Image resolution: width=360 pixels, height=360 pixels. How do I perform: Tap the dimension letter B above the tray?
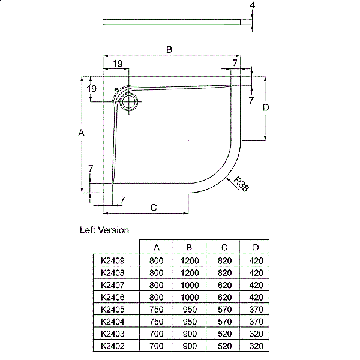(170, 50)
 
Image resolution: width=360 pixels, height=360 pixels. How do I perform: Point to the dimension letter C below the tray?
(153, 208)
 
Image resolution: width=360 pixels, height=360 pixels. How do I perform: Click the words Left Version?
(104, 230)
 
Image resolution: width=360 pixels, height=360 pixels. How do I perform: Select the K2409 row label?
(113, 261)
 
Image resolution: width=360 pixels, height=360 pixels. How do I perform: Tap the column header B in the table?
(189, 247)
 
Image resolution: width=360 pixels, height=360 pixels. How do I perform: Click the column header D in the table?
(256, 247)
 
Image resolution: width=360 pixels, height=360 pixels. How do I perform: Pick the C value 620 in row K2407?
(223, 285)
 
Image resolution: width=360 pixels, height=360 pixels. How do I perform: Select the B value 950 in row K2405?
(189, 309)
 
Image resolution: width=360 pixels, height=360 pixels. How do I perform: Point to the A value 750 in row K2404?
(156, 321)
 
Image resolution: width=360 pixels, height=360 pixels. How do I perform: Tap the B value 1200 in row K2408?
(189, 273)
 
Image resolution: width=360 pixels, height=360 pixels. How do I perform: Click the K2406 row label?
(113, 297)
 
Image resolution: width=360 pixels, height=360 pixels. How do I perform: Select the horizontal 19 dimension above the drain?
(117, 63)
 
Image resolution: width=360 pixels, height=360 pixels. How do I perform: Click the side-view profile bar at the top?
(174, 22)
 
